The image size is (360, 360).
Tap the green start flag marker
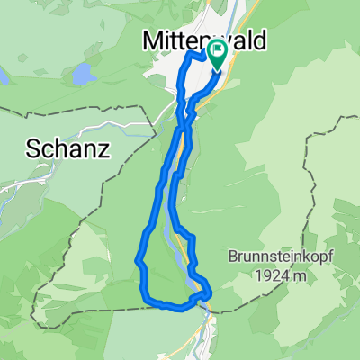click(217, 52)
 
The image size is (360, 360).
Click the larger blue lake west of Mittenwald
click(82, 74)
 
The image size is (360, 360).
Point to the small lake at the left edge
click(3, 78)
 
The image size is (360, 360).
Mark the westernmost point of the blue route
click(137, 261)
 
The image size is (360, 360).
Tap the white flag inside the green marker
click(217, 50)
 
